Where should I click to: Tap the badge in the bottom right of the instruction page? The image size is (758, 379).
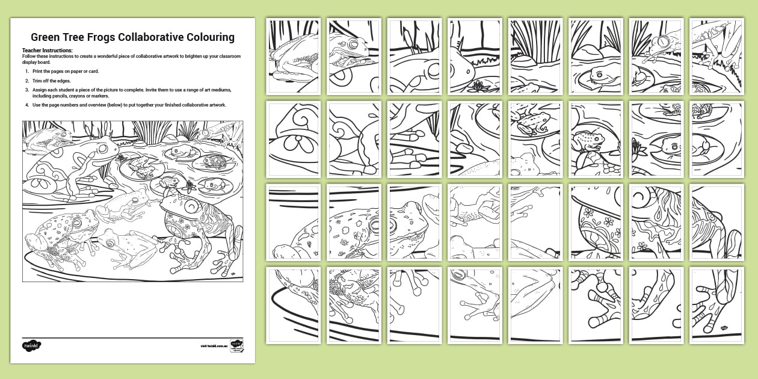(236, 347)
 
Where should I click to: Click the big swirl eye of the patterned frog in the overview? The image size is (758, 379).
(191, 206)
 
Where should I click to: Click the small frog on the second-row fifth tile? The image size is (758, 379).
(532, 122)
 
